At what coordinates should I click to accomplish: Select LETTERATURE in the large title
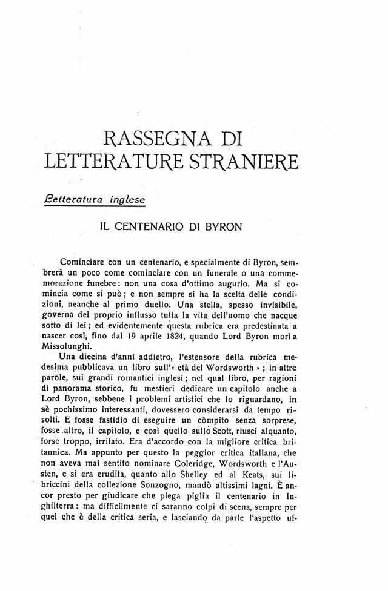108,162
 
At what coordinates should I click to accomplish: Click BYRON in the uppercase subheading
221,228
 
